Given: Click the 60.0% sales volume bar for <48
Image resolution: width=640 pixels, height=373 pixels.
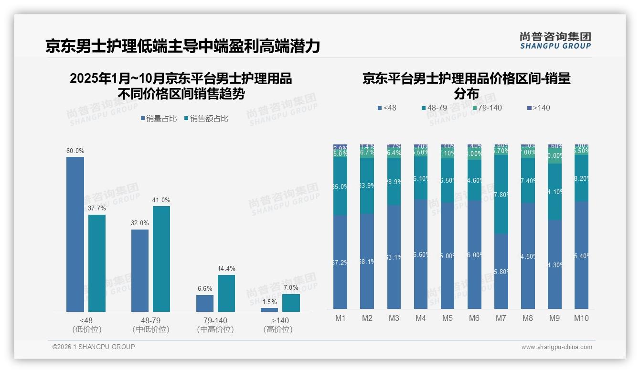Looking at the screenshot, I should click(x=75, y=234).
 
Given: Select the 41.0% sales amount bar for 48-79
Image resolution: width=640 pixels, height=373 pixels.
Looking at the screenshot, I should click(x=161, y=259).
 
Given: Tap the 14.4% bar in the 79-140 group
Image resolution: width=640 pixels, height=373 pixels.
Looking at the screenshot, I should click(x=226, y=293).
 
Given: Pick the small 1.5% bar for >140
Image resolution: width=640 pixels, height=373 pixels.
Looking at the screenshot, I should click(x=269, y=310).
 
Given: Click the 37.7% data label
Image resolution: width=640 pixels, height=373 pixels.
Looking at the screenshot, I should click(x=97, y=208).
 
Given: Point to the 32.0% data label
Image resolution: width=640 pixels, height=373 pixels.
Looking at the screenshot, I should click(x=140, y=223).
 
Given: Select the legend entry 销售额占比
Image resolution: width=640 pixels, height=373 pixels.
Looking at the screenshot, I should click(x=206, y=119).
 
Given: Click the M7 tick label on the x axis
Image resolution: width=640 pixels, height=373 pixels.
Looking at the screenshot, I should click(x=501, y=318).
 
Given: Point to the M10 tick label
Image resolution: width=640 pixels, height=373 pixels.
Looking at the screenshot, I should click(x=581, y=318).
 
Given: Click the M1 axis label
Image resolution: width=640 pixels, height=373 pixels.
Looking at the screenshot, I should click(x=341, y=318).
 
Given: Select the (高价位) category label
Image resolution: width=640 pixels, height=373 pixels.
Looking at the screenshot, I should click(x=278, y=329).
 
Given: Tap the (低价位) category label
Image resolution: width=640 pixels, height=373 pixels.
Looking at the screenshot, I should click(x=87, y=329).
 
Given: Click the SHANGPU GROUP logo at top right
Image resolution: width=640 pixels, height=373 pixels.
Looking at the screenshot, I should click(x=555, y=41).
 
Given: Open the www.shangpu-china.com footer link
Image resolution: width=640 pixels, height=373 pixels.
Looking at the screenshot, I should click(x=556, y=347).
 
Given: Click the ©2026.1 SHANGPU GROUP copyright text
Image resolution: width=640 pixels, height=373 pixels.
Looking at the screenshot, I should click(x=94, y=347).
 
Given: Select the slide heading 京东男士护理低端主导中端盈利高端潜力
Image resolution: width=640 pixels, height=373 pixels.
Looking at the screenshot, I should click(x=182, y=46).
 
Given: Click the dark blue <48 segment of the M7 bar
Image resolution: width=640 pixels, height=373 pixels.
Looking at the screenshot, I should click(x=501, y=271).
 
